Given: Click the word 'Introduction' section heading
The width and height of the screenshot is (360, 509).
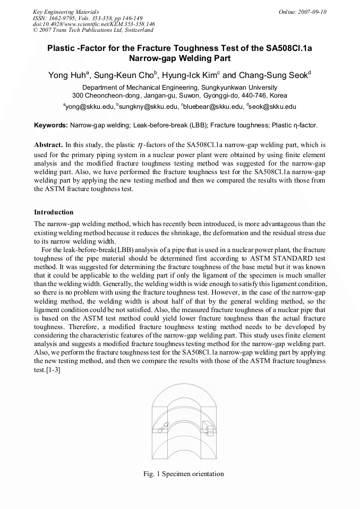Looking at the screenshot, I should (54, 212).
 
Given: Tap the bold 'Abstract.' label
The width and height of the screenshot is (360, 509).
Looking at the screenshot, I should (48, 144).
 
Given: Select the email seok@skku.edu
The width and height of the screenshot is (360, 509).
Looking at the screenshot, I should (273, 107).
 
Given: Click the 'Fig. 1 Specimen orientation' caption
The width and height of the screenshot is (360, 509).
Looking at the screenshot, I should (184, 474).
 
